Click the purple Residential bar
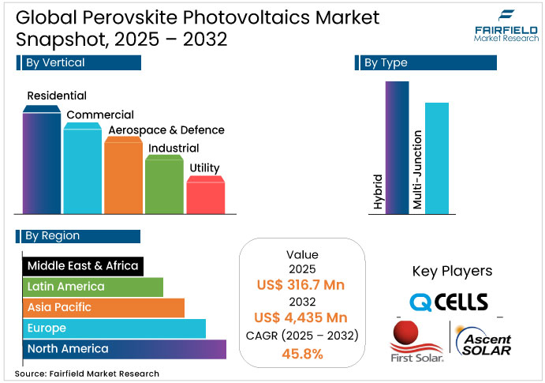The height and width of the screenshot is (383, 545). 42,162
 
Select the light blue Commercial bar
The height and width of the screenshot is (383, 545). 83,170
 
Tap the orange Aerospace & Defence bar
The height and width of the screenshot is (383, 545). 123,178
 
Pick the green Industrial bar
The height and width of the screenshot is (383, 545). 164,186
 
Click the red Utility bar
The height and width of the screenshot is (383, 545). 205,196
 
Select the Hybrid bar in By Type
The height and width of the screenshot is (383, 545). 398,146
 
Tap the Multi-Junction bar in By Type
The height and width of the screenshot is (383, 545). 436,158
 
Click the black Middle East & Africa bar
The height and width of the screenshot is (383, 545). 82,266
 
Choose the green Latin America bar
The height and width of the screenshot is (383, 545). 92,287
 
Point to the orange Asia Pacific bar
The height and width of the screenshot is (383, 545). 103,307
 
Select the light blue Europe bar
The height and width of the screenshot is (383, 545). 114,328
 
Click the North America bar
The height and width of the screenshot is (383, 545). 124,348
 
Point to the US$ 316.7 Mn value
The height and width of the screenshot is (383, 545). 301,284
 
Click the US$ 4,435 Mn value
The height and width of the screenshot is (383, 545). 301,317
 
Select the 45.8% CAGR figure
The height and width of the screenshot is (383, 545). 301,354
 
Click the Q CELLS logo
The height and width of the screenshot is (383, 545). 448,302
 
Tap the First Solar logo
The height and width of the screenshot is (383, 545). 416,342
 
